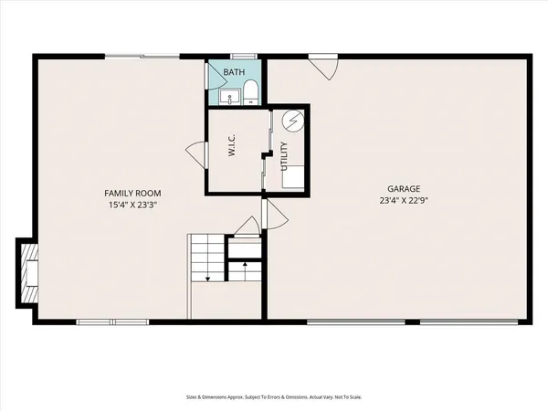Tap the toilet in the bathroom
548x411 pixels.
point(252,92)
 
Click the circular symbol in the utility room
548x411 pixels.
point(293,120)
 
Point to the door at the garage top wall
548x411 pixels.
point(323,67)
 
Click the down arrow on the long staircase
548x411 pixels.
point(208,275)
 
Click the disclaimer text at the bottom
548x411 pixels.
point(274,397)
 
